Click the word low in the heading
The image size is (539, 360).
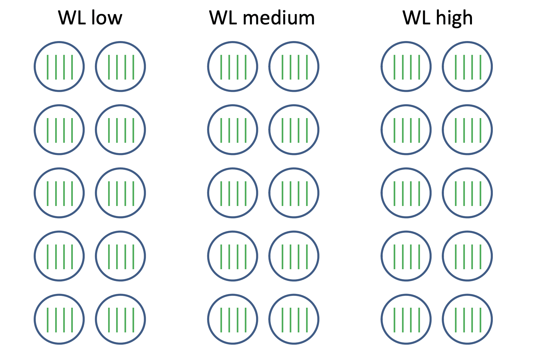click(107, 18)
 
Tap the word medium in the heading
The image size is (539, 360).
click(278, 18)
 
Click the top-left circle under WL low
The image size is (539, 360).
click(59, 67)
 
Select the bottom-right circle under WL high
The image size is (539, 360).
click(467, 320)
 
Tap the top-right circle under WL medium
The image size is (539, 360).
click(294, 67)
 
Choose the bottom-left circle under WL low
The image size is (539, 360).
click(59, 320)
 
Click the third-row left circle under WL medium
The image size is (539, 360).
click(233, 193)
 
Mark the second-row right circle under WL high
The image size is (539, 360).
click(467, 130)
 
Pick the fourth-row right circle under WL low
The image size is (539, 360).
click(121, 256)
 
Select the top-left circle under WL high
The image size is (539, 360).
click(406, 67)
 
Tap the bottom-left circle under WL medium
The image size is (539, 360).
click(233, 320)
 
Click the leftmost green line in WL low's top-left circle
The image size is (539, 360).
click(48, 67)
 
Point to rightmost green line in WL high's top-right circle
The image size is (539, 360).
click(481, 67)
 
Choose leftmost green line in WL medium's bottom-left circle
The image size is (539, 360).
click(221, 320)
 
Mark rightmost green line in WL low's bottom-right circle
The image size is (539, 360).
click(133, 320)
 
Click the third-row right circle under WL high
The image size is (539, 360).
click(467, 193)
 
